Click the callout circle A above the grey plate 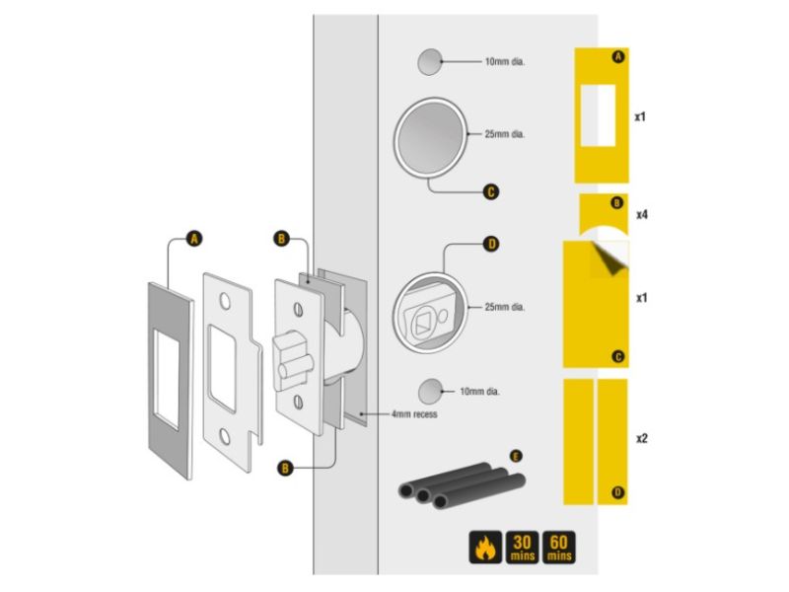(x=194, y=238)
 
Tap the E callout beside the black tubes (x=515, y=457)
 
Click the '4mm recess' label (x=414, y=414)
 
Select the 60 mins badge (x=558, y=548)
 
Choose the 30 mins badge (x=522, y=548)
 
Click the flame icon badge (x=485, y=548)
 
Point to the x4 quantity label (x=642, y=215)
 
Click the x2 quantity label (x=642, y=438)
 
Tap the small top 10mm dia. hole (x=430, y=62)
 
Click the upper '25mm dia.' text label (x=505, y=134)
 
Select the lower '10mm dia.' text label (x=479, y=391)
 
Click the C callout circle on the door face (x=491, y=191)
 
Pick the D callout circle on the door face (x=491, y=244)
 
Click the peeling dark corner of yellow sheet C (x=610, y=259)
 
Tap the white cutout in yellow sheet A (x=599, y=115)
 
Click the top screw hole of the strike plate (x=225, y=301)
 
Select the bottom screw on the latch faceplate (x=298, y=402)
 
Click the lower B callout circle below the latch (x=285, y=468)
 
